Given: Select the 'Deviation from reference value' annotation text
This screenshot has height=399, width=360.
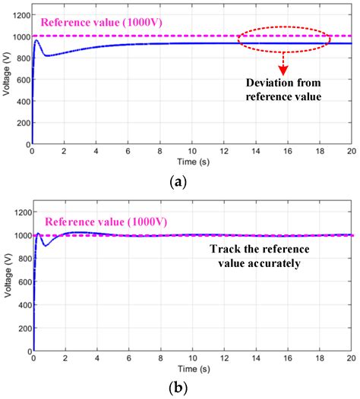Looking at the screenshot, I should click(x=283, y=90).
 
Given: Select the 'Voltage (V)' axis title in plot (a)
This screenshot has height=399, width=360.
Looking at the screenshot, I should click(x=8, y=78).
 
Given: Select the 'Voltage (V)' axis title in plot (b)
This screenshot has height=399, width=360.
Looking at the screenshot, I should click(x=8, y=284).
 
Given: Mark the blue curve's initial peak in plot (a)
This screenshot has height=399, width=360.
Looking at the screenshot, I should click(x=36, y=40).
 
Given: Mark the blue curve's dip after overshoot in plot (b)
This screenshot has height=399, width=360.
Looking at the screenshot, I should click(x=43, y=246).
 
